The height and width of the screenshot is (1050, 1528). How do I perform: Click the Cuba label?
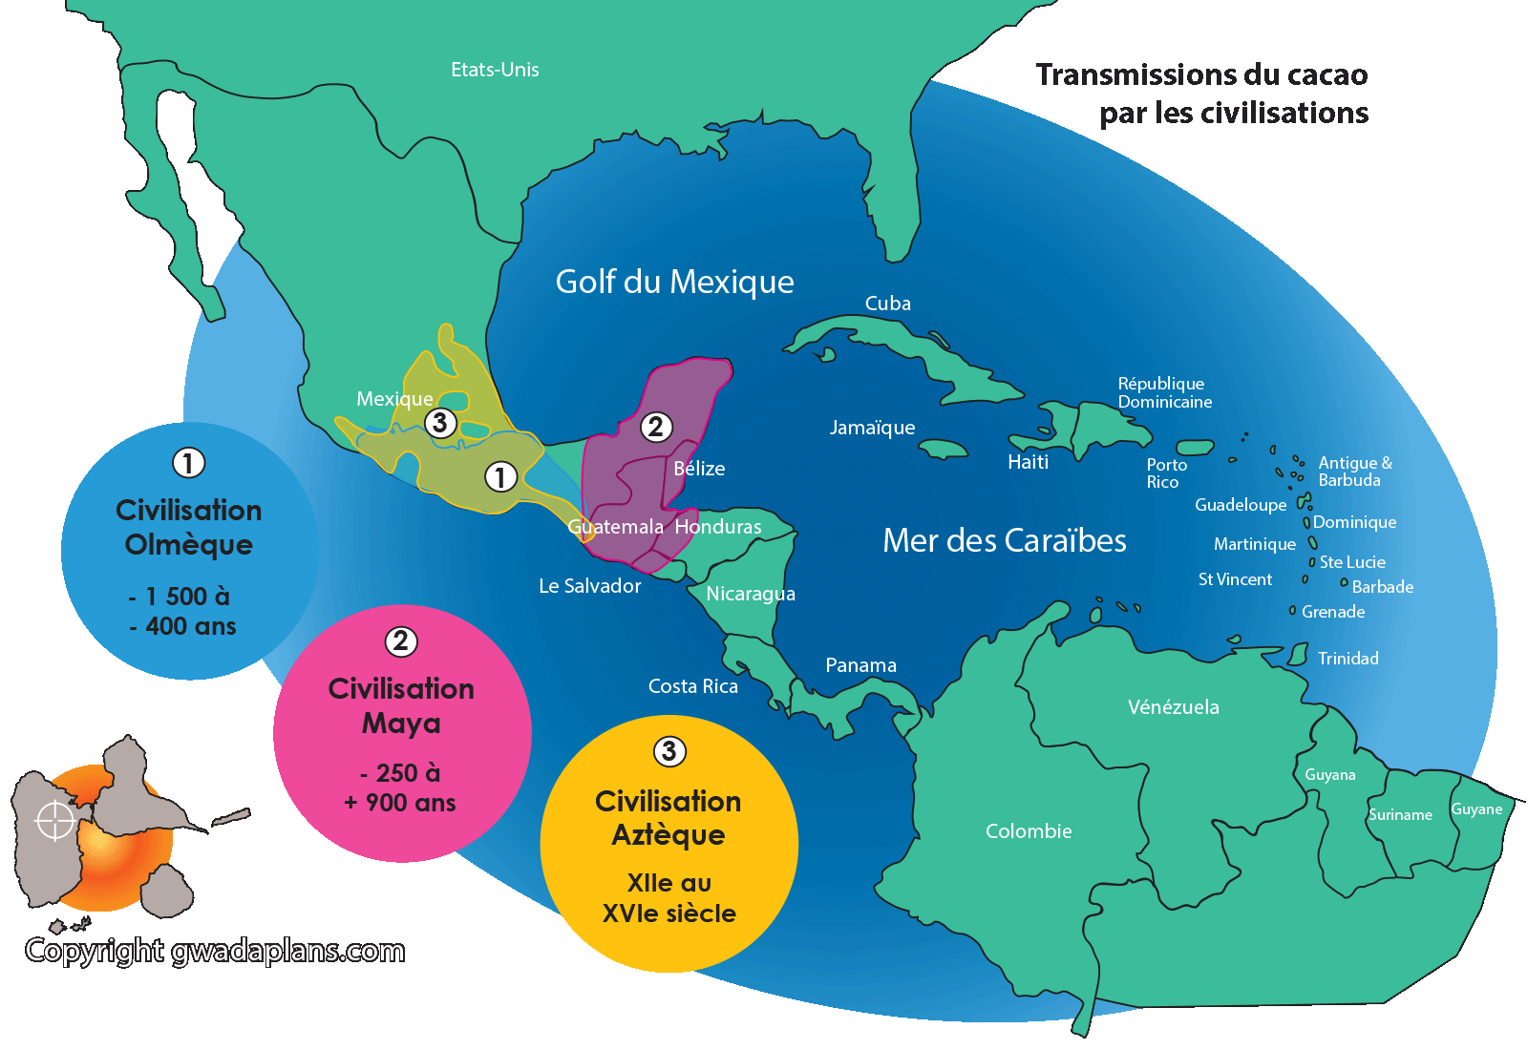887,304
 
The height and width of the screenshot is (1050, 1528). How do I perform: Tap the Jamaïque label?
872,428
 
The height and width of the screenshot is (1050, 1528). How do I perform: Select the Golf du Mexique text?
674,283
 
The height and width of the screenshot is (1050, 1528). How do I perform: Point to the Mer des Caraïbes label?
1004,541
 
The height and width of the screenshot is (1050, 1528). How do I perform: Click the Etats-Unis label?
495,70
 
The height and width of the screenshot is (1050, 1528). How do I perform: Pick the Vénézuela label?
1173,707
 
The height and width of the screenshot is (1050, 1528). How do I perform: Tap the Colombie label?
1029,831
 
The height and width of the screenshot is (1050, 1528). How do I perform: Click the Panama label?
860,665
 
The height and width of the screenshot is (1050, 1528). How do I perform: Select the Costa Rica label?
692,686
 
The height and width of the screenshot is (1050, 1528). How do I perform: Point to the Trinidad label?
1348,659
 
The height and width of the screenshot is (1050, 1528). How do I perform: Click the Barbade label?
1382,587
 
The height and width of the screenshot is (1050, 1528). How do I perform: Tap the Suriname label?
1400,815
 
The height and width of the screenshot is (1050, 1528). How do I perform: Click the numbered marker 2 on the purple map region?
655,427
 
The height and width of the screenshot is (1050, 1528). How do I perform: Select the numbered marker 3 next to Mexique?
439,423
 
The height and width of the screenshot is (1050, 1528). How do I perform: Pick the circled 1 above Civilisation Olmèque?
188,463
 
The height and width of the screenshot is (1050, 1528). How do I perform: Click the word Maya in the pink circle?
401,724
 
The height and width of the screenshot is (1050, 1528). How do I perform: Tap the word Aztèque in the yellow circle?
668,835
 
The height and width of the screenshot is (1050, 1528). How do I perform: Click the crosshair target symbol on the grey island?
54,821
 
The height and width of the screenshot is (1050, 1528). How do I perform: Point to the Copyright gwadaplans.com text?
215,951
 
